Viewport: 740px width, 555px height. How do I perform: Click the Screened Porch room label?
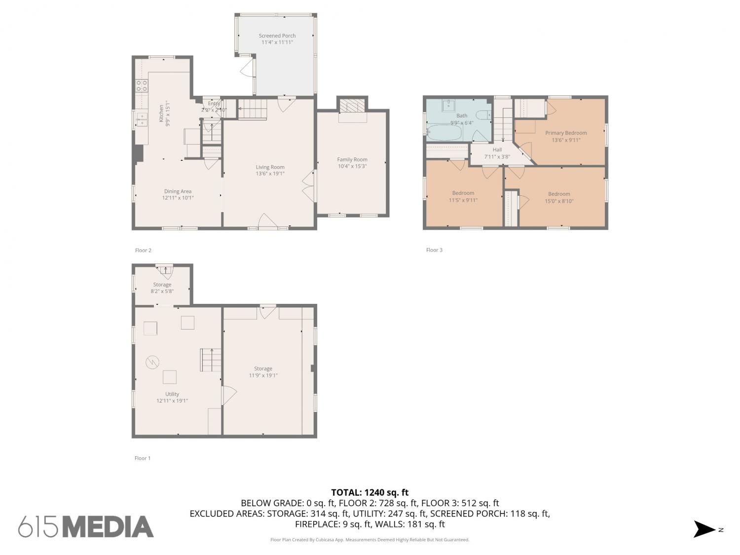tap(277, 36)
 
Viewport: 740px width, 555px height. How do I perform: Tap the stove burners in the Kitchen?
tap(142, 85)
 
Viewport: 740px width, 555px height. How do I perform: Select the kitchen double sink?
tap(142, 119)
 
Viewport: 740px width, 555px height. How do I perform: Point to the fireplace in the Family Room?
tap(352, 106)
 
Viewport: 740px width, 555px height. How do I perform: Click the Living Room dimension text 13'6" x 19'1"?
tap(270, 174)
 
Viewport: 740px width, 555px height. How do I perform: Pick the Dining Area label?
tap(178, 191)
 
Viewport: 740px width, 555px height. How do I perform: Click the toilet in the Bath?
tap(484, 115)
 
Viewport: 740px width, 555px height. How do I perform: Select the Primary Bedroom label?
tap(566, 133)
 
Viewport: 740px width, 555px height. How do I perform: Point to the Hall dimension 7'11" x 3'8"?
tap(497, 157)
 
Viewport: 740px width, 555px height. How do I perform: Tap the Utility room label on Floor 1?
tap(172, 394)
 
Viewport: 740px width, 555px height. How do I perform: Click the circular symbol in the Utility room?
tap(152, 362)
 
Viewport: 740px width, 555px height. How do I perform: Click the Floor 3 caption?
tap(434, 250)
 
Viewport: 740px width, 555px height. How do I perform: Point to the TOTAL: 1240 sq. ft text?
tap(370, 492)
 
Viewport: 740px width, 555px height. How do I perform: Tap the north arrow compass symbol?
tap(704, 529)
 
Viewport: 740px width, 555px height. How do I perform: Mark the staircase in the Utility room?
tap(210, 360)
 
